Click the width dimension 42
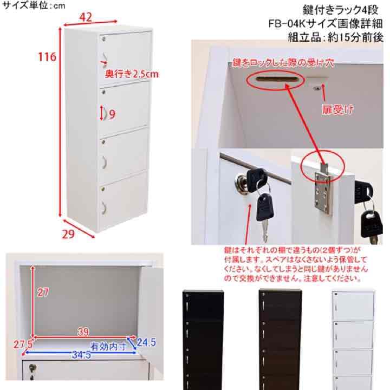click(86, 17)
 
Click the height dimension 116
click(47, 57)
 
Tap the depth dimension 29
click(68, 234)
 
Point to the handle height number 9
click(112, 114)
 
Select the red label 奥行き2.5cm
click(132, 74)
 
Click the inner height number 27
click(43, 292)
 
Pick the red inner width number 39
click(83, 332)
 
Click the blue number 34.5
click(81, 355)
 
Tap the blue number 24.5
click(146, 342)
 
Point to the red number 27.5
click(23, 344)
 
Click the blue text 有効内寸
click(108, 346)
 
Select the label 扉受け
click(337, 109)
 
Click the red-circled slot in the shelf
click(276, 79)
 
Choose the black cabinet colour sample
click(203, 340)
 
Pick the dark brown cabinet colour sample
click(281, 340)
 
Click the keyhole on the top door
click(103, 38)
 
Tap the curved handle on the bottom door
click(104, 207)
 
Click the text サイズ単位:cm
click(34, 5)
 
